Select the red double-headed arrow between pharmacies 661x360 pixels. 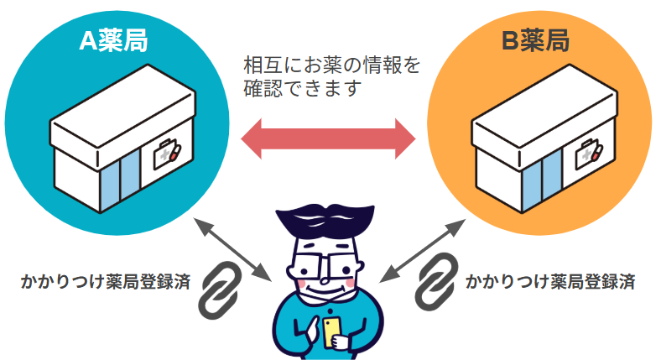coord(329,138)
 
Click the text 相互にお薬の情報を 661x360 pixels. coord(330,65)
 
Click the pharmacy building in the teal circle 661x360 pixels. coord(117,147)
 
